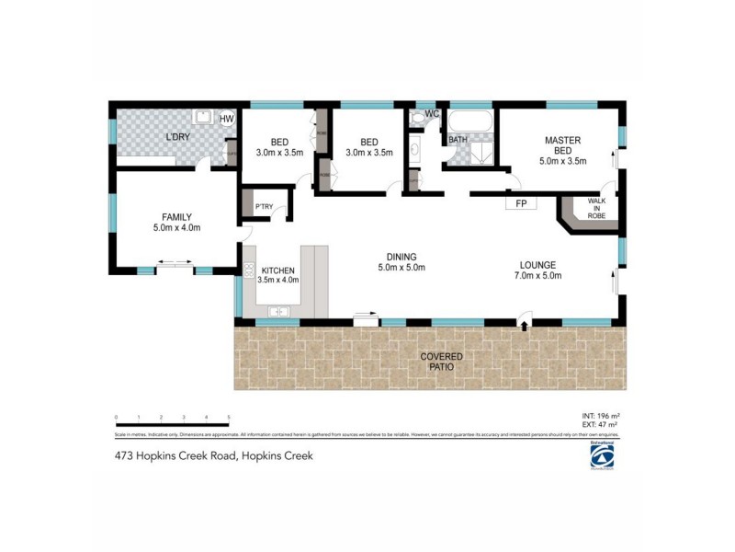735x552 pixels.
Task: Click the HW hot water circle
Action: [226, 119]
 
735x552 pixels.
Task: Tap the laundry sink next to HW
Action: [202, 118]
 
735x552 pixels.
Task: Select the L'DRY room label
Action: [177, 139]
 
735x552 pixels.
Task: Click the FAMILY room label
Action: [176, 217]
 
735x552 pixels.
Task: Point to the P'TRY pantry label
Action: [263, 207]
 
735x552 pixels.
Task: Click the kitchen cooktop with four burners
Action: [248, 270]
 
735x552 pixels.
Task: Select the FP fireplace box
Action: [521, 202]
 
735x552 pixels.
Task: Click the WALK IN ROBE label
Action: [596, 211]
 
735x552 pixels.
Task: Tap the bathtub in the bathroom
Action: [470, 121]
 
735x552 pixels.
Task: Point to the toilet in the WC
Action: [420, 118]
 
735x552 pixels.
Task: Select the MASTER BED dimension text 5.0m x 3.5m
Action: [562, 161]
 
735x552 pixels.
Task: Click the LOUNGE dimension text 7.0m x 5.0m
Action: [537, 275]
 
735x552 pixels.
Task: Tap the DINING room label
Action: [401, 257]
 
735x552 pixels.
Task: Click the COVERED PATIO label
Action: [441, 362]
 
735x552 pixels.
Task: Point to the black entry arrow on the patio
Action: [524, 322]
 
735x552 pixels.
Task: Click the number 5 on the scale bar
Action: [228, 417]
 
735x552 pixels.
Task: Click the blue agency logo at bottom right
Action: [603, 456]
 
